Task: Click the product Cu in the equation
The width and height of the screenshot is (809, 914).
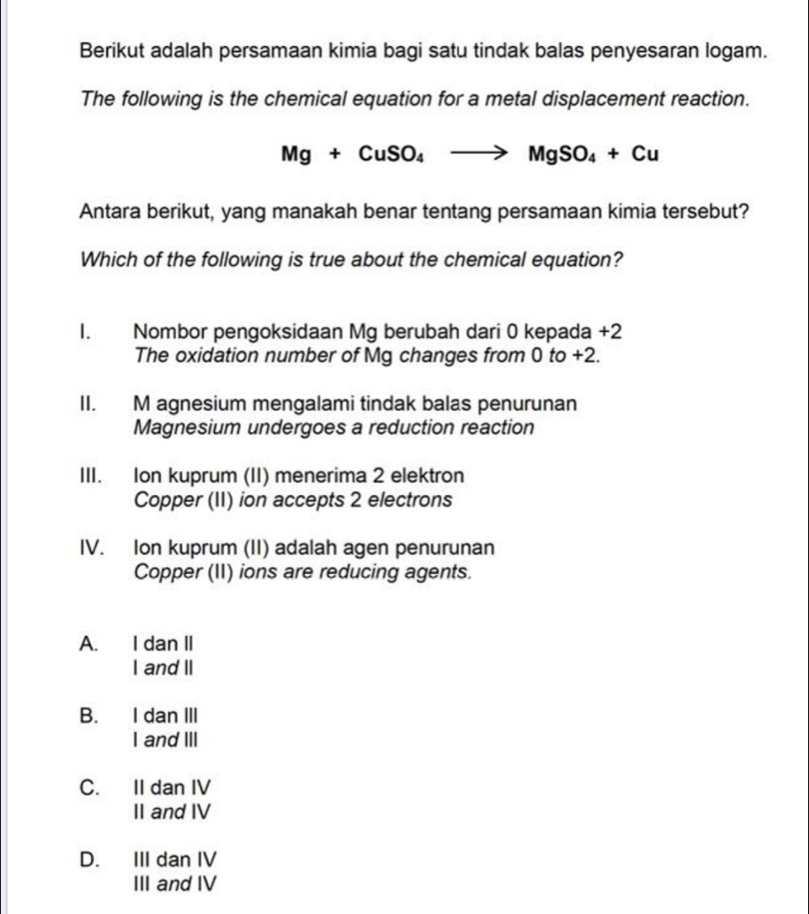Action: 646,154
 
